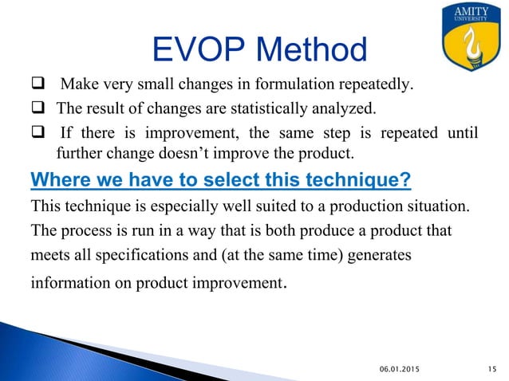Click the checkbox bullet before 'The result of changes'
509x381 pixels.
(x=37, y=109)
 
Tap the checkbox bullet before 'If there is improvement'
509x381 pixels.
(x=37, y=134)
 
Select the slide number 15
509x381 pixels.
(x=491, y=367)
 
